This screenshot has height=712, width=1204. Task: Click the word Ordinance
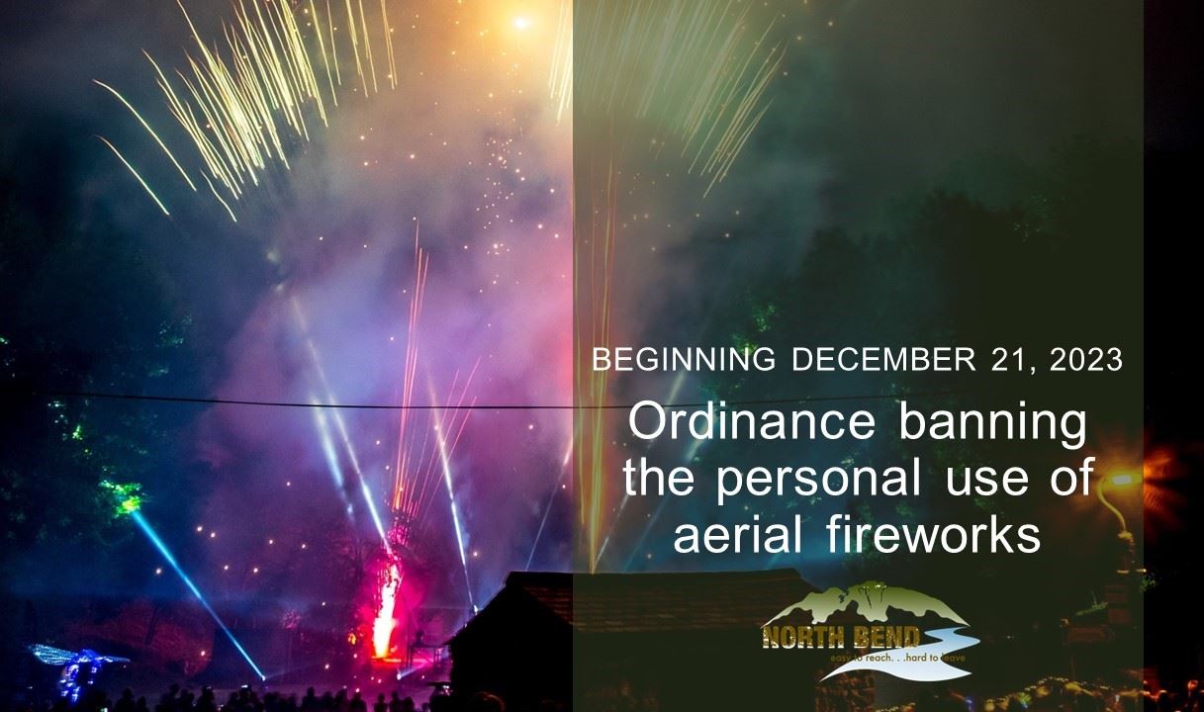click(x=752, y=423)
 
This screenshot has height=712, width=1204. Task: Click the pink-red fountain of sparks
click(x=386, y=603)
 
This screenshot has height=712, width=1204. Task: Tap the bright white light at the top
click(x=519, y=22)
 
